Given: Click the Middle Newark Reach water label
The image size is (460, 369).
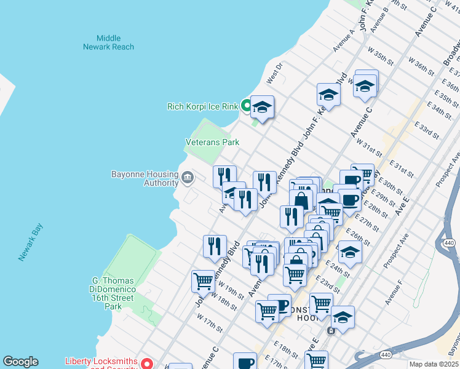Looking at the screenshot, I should [x=109, y=42].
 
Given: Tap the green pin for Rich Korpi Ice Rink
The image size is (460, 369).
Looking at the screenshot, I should [x=246, y=106].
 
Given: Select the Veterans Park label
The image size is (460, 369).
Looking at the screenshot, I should [x=212, y=142].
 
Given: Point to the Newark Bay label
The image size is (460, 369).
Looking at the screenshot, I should [x=29, y=242].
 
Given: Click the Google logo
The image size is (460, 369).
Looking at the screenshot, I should [x=20, y=362].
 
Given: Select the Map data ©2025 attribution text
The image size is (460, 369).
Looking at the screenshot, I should [x=434, y=364].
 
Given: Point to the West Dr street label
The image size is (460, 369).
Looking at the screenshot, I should [x=274, y=74].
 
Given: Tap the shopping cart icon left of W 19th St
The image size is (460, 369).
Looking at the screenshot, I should [x=203, y=280].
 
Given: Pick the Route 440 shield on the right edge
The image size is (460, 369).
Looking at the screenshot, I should [x=448, y=244].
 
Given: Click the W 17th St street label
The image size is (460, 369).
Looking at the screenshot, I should [x=209, y=321].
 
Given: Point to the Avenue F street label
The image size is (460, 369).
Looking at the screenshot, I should [x=393, y=293].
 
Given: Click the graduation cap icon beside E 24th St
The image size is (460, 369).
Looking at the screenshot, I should [x=350, y=252].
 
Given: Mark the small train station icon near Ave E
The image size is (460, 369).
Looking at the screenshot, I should [x=331, y=331].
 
